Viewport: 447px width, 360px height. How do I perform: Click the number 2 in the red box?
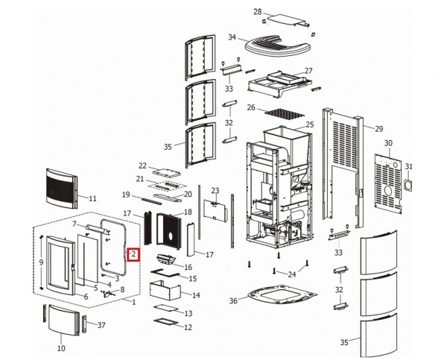tap(133, 254)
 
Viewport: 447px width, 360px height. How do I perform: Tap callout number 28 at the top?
tap(258, 13)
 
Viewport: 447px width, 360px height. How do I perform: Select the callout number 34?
tap(232, 37)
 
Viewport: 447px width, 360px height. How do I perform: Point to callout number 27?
tap(308, 72)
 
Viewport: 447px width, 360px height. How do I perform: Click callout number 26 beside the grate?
tap(251, 107)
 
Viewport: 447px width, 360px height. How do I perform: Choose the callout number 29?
tap(378, 129)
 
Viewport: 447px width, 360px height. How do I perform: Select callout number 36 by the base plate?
tap(234, 301)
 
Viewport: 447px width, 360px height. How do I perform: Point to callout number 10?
tap(61, 348)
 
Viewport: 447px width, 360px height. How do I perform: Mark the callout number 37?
tap(102, 325)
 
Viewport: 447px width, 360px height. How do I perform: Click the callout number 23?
tap(215, 191)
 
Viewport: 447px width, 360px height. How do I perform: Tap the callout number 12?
tap(188, 326)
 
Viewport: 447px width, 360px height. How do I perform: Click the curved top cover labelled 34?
tap(276, 47)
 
